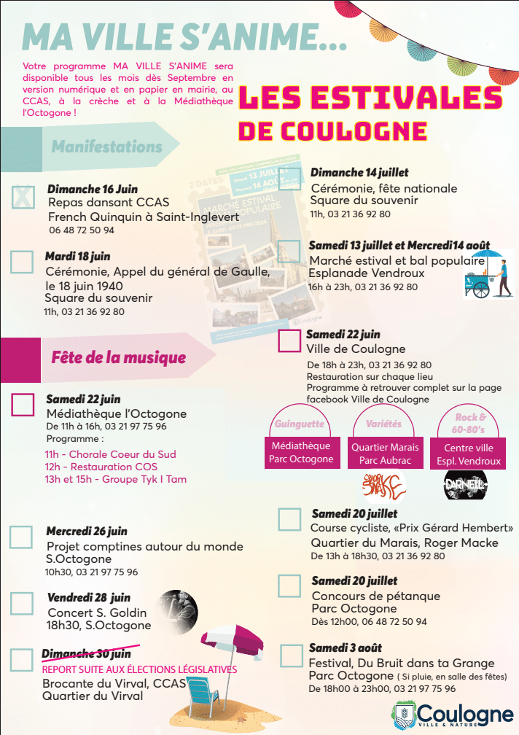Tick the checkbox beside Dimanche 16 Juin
[x=23, y=197]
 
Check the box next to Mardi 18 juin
[x=22, y=261]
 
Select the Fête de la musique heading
[x=118, y=357]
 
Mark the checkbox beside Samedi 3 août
[x=291, y=656]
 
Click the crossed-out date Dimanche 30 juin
[x=86, y=654]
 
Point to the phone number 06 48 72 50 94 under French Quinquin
[x=82, y=230]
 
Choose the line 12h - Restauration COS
[x=101, y=467]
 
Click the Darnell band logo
[x=465, y=484]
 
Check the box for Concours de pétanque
[x=289, y=585]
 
